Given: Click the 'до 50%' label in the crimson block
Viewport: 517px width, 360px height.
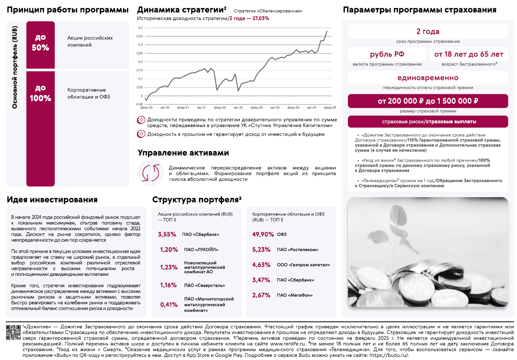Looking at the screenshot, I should coord(41,43).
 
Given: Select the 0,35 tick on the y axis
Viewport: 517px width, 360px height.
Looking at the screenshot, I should coord(140,36).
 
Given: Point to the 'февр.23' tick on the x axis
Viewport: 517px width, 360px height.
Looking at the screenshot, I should coord(256,108).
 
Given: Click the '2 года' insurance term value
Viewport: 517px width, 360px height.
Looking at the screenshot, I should coord(428,32).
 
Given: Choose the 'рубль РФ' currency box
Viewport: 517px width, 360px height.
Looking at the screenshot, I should coord(387,54).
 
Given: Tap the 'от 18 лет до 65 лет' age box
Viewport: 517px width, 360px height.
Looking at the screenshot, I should coord(469,54).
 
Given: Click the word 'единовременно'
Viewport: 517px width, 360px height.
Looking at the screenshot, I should coord(428,78).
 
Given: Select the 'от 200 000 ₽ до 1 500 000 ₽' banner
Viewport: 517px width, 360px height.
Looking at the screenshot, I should coord(428,101).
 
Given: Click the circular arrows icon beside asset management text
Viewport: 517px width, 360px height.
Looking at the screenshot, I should coord(151,173).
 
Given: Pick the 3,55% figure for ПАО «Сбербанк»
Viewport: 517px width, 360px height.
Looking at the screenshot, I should coord(167,235).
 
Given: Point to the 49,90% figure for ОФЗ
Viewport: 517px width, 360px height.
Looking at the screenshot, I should coord(263,235).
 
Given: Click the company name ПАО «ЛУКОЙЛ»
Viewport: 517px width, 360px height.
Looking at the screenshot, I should coord(201,250).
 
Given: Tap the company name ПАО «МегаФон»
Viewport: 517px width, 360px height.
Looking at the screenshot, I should coord(295,295).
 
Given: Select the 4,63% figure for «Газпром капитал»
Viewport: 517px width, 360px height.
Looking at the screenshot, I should coord(261,265).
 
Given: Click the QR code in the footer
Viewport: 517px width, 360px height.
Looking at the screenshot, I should coord(13,332).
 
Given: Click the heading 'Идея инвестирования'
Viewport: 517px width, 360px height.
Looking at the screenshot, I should coord(52,200).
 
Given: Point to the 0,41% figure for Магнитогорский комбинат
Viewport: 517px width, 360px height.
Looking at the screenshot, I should coord(169,305).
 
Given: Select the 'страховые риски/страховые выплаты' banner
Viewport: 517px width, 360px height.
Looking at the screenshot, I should coord(428,122).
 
